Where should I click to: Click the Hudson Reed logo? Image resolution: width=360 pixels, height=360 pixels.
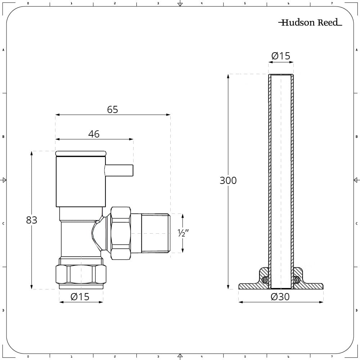(310, 22)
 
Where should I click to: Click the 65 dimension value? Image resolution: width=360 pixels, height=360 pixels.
(112, 109)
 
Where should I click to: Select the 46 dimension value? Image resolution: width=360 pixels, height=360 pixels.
(94, 134)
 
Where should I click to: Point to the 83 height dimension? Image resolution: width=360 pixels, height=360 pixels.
(31, 220)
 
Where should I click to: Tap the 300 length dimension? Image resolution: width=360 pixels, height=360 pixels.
(228, 180)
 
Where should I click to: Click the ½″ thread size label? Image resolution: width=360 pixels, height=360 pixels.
(183, 233)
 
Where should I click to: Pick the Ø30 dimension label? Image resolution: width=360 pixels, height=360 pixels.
(280, 297)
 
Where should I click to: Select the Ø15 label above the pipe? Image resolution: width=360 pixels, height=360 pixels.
(281, 56)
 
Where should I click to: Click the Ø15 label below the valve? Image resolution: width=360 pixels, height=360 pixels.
(80, 297)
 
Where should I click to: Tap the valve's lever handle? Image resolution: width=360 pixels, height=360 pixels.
(119, 170)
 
